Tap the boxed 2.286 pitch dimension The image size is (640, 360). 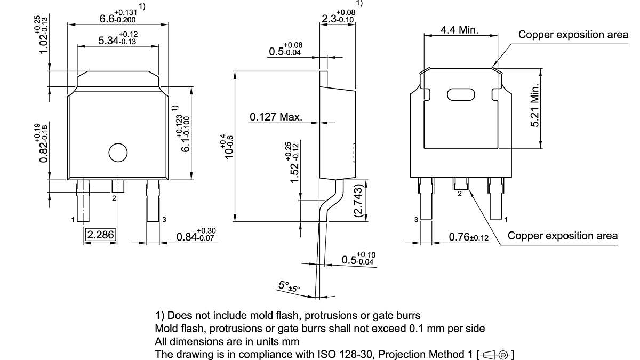101,235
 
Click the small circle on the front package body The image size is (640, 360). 118,153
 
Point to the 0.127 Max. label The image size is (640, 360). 276,117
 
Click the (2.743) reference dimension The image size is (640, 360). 358,200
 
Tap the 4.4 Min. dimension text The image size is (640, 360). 459,30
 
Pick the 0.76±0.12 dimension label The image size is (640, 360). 469,237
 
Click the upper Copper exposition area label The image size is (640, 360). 573,35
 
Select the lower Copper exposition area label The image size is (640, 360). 562,236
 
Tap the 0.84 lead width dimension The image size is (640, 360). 195,235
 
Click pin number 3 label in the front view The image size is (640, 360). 164,219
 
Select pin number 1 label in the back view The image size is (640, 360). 506,219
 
